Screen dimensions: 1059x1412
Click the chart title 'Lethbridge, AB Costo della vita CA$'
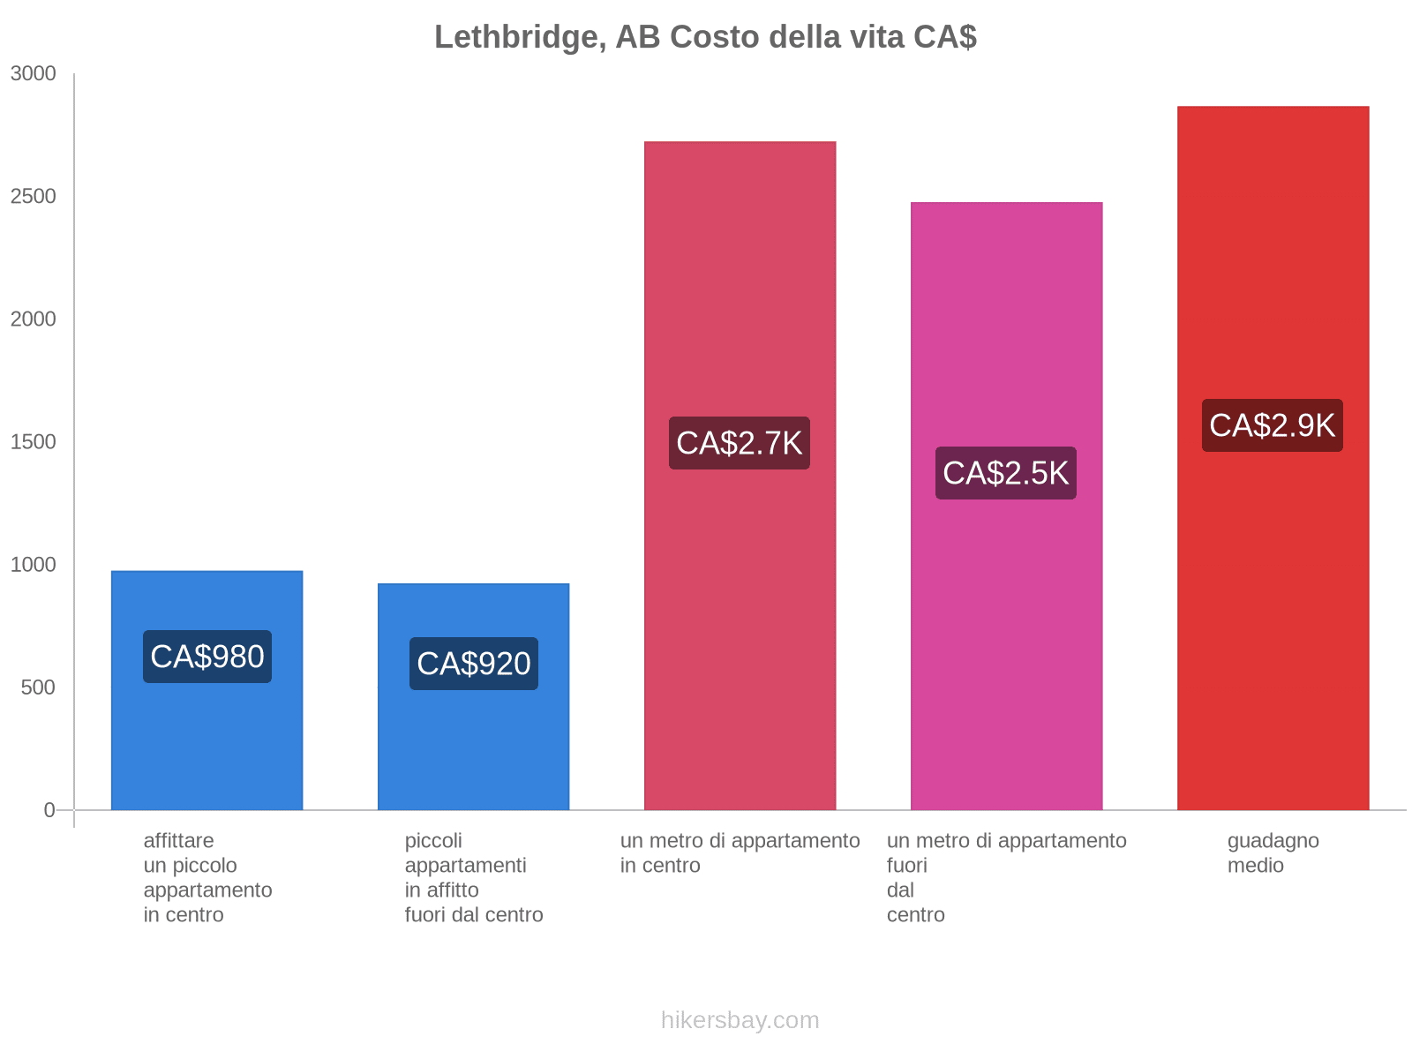click(705, 37)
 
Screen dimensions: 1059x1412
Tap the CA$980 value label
click(207, 657)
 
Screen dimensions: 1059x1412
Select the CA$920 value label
click(474, 664)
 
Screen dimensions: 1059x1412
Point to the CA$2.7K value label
click(740, 443)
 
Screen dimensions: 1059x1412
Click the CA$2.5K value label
click(1006, 473)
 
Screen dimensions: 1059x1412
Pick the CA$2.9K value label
click(1273, 425)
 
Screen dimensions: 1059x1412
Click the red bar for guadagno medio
click(1273, 618)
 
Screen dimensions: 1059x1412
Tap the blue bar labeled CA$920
click(474, 750)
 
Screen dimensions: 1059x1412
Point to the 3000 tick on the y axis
click(34, 74)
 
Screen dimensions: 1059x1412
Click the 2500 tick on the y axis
click(34, 197)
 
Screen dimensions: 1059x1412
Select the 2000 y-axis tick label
click(34, 319)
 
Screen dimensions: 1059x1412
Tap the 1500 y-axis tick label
click(34, 442)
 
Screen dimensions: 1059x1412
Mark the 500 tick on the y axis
click(39, 687)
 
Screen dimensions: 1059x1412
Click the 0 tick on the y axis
click(49, 810)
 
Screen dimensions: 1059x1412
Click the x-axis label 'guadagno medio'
click(1273, 853)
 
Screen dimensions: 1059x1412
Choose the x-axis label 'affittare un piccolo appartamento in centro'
click(207, 877)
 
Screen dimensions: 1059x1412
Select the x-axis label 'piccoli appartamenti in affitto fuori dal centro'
click(474, 877)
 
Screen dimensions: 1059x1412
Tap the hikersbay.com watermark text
click(740, 1020)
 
